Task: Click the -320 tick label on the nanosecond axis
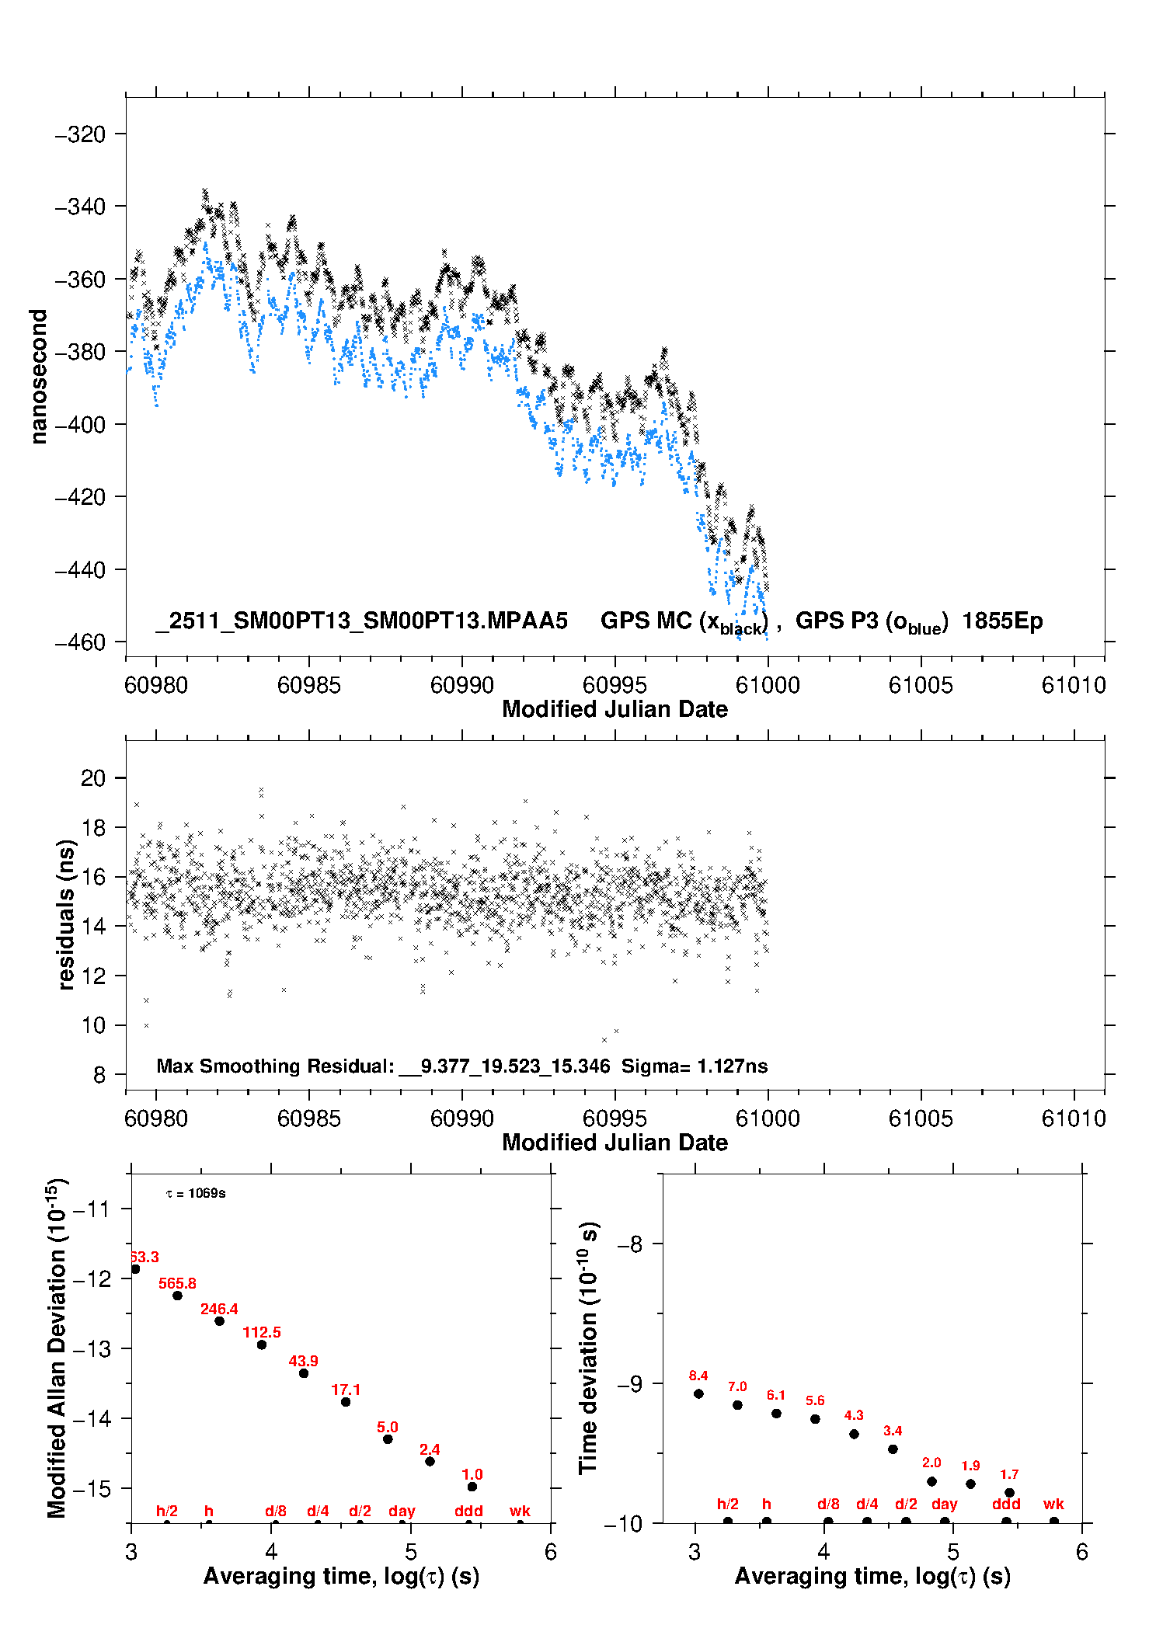point(79,134)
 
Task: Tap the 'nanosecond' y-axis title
point(38,377)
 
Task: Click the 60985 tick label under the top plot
point(308,685)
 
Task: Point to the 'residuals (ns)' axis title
point(67,914)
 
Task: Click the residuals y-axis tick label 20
point(92,778)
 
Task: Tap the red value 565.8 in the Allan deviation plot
point(177,1283)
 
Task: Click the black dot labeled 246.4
point(220,1321)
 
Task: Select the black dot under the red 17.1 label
point(346,1402)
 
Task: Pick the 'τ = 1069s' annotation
point(196,1194)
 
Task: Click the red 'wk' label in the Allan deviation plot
point(520,1511)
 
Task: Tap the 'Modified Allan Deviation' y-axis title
point(57,1348)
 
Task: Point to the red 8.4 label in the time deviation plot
point(698,1376)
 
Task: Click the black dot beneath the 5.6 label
point(815,1419)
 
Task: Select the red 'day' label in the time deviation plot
point(945,1504)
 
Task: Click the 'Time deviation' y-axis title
point(589,1348)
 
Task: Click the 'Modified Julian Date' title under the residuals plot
point(615,1143)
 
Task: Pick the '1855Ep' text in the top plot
point(1002,621)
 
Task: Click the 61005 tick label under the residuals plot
point(921,1118)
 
